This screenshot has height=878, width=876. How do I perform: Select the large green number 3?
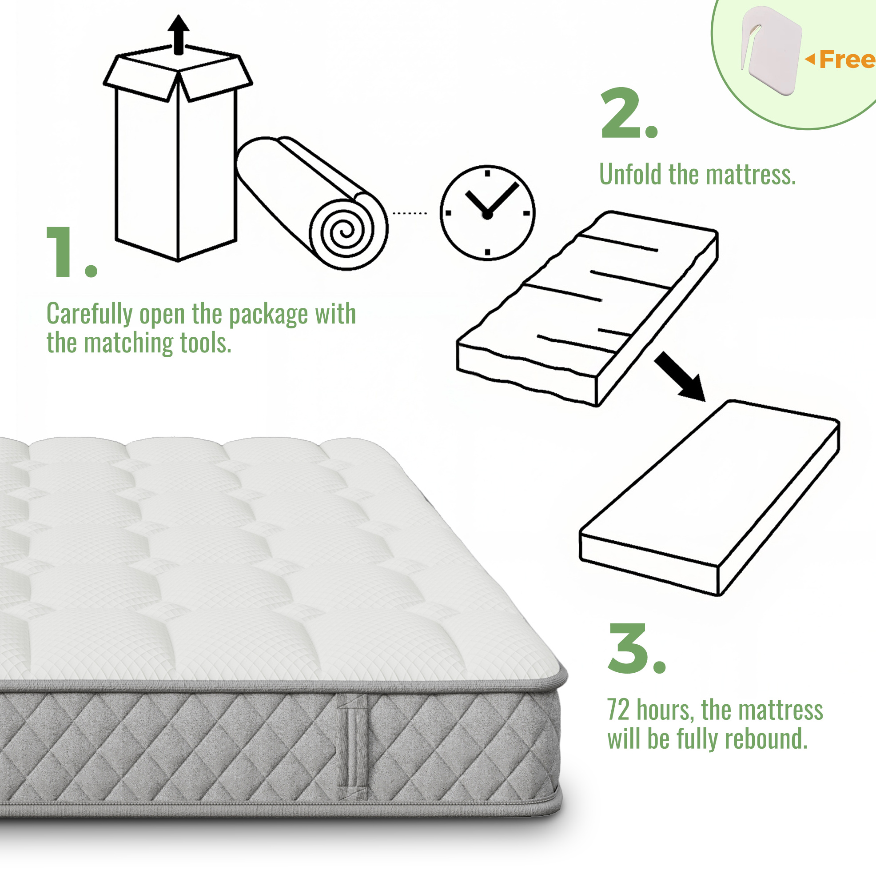(629, 648)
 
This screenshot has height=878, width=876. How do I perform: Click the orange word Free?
(848, 60)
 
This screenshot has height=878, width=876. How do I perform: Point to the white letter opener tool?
(771, 50)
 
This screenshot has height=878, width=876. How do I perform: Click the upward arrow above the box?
(179, 35)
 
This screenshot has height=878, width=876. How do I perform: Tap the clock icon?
(487, 213)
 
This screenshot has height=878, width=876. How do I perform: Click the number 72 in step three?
(618, 710)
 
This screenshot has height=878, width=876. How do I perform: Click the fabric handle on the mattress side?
(352, 746)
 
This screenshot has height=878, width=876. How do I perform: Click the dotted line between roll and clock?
(410, 213)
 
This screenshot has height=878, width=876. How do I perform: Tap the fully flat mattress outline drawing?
(709, 498)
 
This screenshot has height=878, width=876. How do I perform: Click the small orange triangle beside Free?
(810, 59)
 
